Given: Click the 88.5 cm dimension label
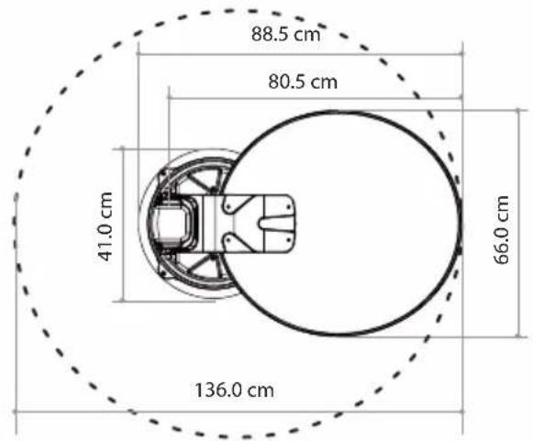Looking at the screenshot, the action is click(286, 34).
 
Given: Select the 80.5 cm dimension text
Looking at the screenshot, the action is click(303, 82).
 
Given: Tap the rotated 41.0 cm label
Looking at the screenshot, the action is click(105, 226).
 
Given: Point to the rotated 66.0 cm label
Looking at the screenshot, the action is click(501, 230).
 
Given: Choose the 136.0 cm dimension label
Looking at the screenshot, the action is click(234, 390).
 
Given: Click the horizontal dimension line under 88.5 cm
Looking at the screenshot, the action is click(300, 54).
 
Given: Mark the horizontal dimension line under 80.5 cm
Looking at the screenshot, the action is click(315, 98).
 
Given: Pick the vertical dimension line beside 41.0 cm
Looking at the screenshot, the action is click(123, 225).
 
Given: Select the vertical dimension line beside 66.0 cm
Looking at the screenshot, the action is click(518, 223).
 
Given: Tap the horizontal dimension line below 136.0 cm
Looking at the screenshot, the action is click(239, 412).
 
